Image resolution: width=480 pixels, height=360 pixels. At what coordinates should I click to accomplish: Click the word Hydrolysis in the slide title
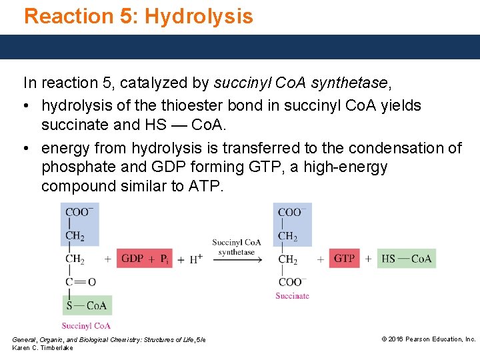tap(199, 16)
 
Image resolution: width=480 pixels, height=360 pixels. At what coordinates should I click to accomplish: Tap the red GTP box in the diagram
tap(344, 259)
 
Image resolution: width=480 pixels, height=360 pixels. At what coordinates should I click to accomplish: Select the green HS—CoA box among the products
tap(407, 259)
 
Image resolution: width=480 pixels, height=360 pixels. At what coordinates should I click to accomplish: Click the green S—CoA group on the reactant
tap(87, 305)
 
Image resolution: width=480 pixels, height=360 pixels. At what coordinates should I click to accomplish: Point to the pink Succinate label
tap(292, 295)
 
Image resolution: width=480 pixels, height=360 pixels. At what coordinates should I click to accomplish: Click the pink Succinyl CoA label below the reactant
tap(86, 326)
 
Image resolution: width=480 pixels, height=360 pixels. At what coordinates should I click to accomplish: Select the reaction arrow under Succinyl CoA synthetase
tap(237, 259)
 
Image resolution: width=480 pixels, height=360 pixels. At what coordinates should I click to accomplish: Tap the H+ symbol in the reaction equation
tap(195, 259)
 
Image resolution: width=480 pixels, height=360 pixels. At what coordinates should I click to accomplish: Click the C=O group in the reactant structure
tap(81, 282)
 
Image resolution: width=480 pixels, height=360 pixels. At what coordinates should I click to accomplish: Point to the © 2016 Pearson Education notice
tap(428, 339)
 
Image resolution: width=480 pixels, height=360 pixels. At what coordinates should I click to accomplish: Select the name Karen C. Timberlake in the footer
tap(43, 348)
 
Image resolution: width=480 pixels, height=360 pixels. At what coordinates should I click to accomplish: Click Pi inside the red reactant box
tap(164, 259)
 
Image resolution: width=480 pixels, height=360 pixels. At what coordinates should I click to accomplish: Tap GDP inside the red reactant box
tap(132, 259)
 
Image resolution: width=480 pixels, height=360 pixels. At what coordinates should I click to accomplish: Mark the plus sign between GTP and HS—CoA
tap(368, 259)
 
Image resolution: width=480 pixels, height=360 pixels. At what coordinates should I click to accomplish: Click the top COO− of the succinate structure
tap(290, 213)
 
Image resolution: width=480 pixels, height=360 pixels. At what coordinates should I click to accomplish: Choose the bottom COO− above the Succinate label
tap(290, 282)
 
